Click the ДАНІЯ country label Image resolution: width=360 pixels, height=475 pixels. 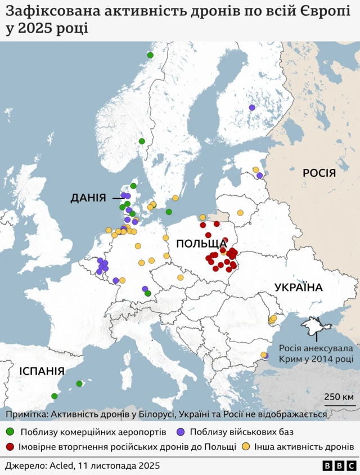pos(88,198)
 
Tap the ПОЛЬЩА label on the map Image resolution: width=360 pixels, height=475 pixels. pos(201,243)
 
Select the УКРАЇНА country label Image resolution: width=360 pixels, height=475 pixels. pos(298,288)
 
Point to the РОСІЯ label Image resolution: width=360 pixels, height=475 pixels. pos(319,173)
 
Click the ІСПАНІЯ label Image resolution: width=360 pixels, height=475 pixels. pos(41,371)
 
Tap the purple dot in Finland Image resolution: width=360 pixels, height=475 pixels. pos(252,107)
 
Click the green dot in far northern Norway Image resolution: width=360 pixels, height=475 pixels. pos(150,55)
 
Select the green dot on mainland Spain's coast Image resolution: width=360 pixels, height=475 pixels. pos(55,396)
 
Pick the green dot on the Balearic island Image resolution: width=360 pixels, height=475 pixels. pos(79,384)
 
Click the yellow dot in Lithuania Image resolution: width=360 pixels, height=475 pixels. pos(240,213)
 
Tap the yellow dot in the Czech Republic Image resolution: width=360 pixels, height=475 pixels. pos(181,277)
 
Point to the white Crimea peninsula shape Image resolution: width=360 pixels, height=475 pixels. pos(312,325)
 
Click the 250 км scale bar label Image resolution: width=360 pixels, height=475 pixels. pos(339,397)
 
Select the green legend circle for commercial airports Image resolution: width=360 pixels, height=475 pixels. pos(10,432)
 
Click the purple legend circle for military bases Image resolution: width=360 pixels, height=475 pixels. pos(179,432)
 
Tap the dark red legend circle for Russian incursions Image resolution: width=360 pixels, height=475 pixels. pos(10,447)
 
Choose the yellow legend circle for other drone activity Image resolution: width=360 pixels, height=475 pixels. pos(245,447)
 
